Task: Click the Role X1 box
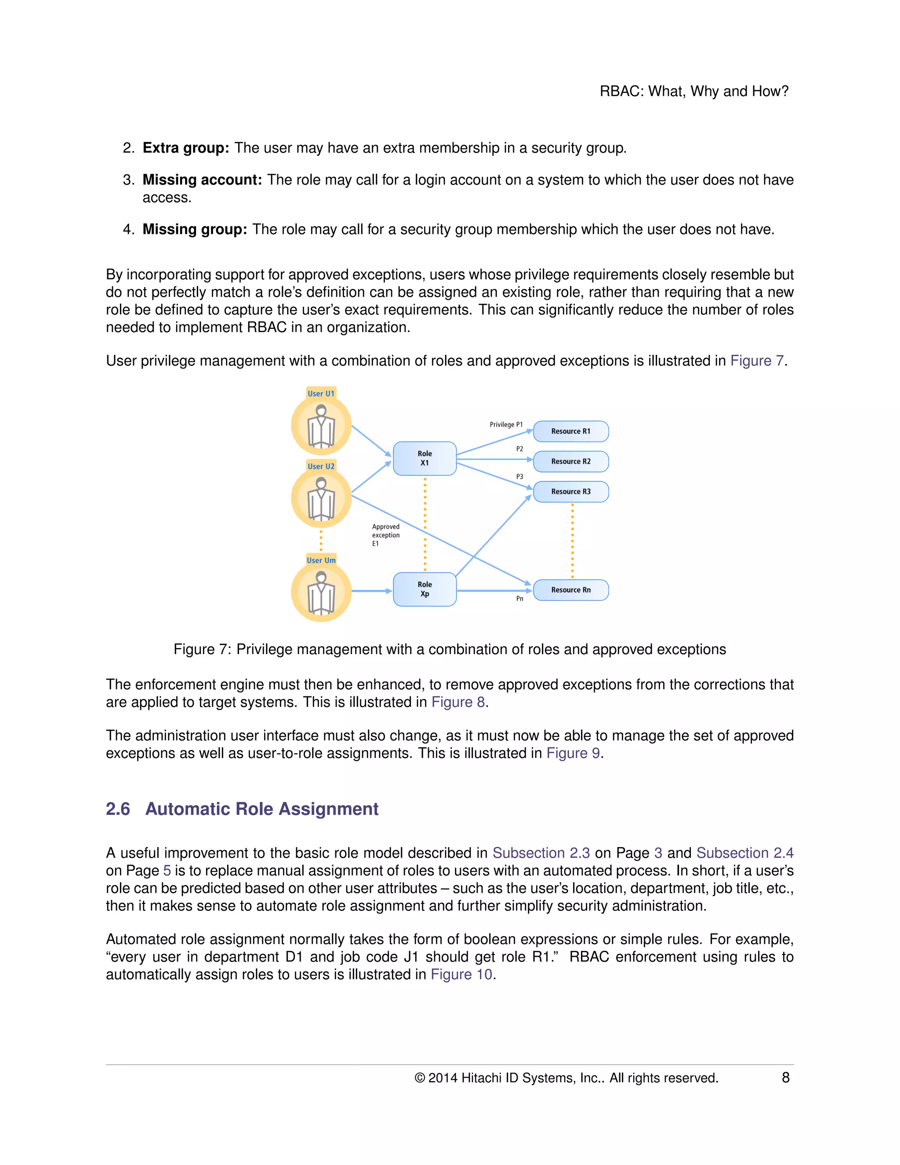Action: point(425,458)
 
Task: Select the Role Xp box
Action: point(425,589)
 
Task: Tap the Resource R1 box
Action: point(570,431)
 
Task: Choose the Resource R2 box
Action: point(570,462)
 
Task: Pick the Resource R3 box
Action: point(570,491)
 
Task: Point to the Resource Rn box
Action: point(570,590)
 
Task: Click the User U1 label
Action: point(321,393)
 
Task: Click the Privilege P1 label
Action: point(506,425)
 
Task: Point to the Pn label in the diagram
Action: point(519,598)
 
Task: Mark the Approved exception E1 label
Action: point(385,535)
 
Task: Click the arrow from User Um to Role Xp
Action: point(372,591)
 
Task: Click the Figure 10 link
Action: point(462,974)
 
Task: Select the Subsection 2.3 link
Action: point(541,852)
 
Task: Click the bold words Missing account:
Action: point(202,180)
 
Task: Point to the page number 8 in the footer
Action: point(785,1078)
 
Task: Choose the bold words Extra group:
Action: point(185,148)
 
